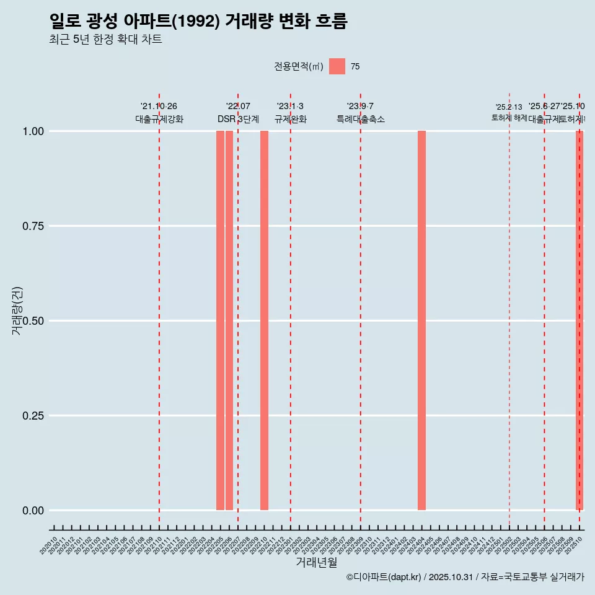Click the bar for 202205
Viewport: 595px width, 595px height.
coord(220,320)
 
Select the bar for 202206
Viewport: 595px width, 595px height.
coord(229,320)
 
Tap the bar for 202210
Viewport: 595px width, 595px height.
coord(264,320)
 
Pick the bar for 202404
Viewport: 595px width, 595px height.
coord(421,320)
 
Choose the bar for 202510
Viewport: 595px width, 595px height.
coord(580,320)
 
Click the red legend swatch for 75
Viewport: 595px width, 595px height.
coord(337,66)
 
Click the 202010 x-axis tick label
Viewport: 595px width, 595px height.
coord(49,546)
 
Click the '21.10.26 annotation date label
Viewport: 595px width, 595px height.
coord(159,107)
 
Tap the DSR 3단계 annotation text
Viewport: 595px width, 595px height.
coord(238,119)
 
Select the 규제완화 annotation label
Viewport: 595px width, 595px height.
coord(291,119)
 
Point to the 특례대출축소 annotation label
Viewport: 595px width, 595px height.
coord(361,119)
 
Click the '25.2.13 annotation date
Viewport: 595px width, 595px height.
coord(509,107)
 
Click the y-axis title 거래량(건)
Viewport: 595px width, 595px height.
coord(17,310)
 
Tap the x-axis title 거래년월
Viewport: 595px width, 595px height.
coord(316,563)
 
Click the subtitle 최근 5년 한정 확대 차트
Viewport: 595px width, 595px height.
coord(105,40)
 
